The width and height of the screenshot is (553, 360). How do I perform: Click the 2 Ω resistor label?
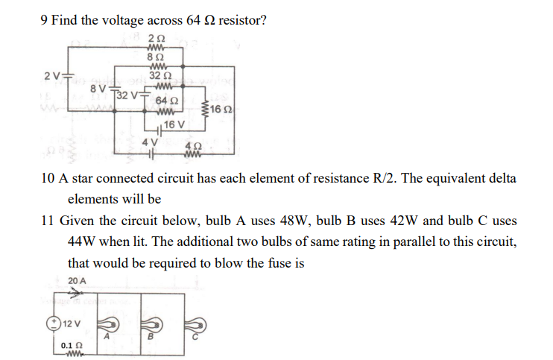click(x=157, y=38)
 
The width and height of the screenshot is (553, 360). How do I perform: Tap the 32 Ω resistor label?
click(x=161, y=75)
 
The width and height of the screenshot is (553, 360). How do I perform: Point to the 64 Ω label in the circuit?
click(x=167, y=101)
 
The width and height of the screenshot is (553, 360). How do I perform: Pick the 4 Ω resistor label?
click(x=193, y=145)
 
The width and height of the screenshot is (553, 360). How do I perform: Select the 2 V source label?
click(x=51, y=76)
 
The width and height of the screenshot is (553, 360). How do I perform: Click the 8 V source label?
click(x=98, y=89)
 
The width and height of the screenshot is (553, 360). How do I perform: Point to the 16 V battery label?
click(x=174, y=124)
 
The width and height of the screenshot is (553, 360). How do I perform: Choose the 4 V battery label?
click(x=150, y=142)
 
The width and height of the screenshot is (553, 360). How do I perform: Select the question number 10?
click(x=44, y=180)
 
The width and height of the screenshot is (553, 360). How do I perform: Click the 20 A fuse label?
click(x=77, y=280)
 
